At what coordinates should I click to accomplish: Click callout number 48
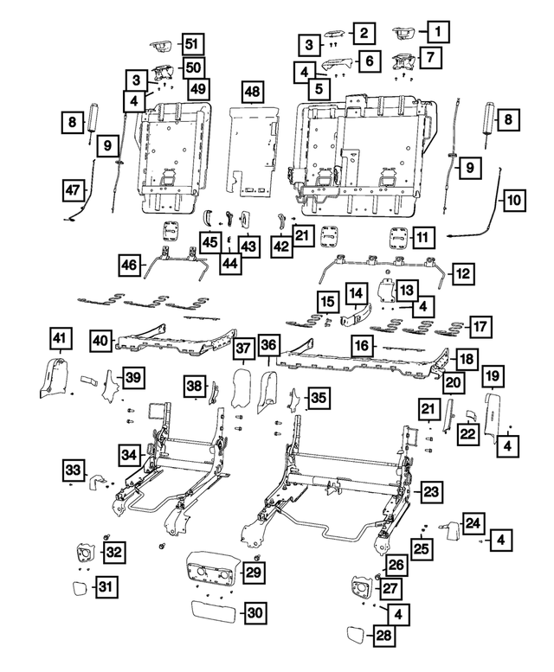tap(252, 93)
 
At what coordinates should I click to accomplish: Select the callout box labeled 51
tap(191, 45)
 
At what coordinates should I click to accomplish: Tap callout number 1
tap(437, 34)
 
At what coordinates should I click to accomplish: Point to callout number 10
tap(514, 201)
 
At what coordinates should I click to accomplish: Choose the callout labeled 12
tap(462, 274)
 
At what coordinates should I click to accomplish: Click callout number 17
tap(479, 327)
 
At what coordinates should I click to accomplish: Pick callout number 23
tap(431, 490)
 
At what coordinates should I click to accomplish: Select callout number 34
tap(129, 454)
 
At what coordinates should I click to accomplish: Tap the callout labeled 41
tap(58, 336)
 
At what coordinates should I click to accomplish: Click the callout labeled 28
tap(382, 637)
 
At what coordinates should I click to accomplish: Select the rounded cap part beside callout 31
tap(78, 590)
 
